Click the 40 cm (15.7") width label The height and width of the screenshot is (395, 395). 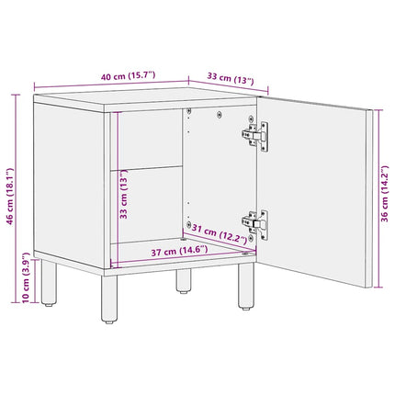(129, 76)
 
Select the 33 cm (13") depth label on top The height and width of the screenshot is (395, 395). (231, 78)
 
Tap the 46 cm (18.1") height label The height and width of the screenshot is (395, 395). (10, 196)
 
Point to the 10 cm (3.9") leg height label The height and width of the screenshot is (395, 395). (26, 277)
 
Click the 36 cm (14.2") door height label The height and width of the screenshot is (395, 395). (384, 194)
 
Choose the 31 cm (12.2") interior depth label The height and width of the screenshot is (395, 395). (220, 233)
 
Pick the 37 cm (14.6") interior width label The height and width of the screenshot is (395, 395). (179, 251)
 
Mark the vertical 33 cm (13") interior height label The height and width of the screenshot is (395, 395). (123, 194)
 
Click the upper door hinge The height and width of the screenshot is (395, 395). (255, 135)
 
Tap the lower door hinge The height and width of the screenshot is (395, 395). (255, 224)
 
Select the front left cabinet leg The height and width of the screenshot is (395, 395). (109, 299)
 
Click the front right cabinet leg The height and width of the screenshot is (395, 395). (246, 286)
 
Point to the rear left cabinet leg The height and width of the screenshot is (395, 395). (49, 282)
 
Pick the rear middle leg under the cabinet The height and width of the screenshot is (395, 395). (184, 281)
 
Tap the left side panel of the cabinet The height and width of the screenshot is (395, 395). (69, 186)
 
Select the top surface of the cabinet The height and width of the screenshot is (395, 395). (144, 97)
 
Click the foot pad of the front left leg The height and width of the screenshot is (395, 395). (109, 322)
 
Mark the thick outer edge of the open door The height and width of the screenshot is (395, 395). (369, 198)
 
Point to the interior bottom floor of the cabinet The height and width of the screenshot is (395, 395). (183, 251)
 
